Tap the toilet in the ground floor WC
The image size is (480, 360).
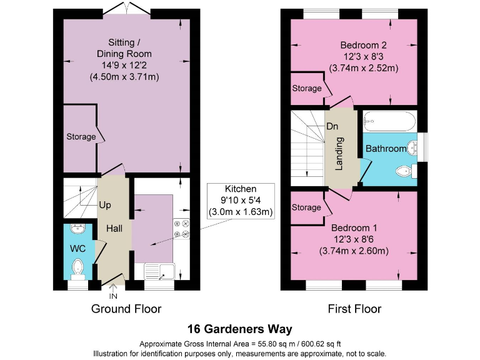pos(78,267)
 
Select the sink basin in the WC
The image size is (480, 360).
pos(77,229)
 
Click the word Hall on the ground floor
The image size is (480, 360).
pos(114,229)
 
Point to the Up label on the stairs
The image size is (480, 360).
pos(105,204)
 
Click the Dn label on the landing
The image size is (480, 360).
pos(332,126)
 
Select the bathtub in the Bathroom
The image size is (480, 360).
pos(390,120)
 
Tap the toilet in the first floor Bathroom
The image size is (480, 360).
pos(403,171)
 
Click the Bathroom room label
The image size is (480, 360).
pos(386,149)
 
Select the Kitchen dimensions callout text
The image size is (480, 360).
pos(241,201)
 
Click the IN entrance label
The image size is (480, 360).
pos(113,296)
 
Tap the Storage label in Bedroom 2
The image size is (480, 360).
pos(306,89)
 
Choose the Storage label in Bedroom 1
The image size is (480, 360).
pos(306,207)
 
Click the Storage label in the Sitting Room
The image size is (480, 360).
pos(81,136)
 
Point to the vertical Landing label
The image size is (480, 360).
pos(339,159)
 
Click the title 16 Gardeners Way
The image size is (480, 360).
pos(240,329)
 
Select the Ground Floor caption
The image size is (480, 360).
pos(126,309)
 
